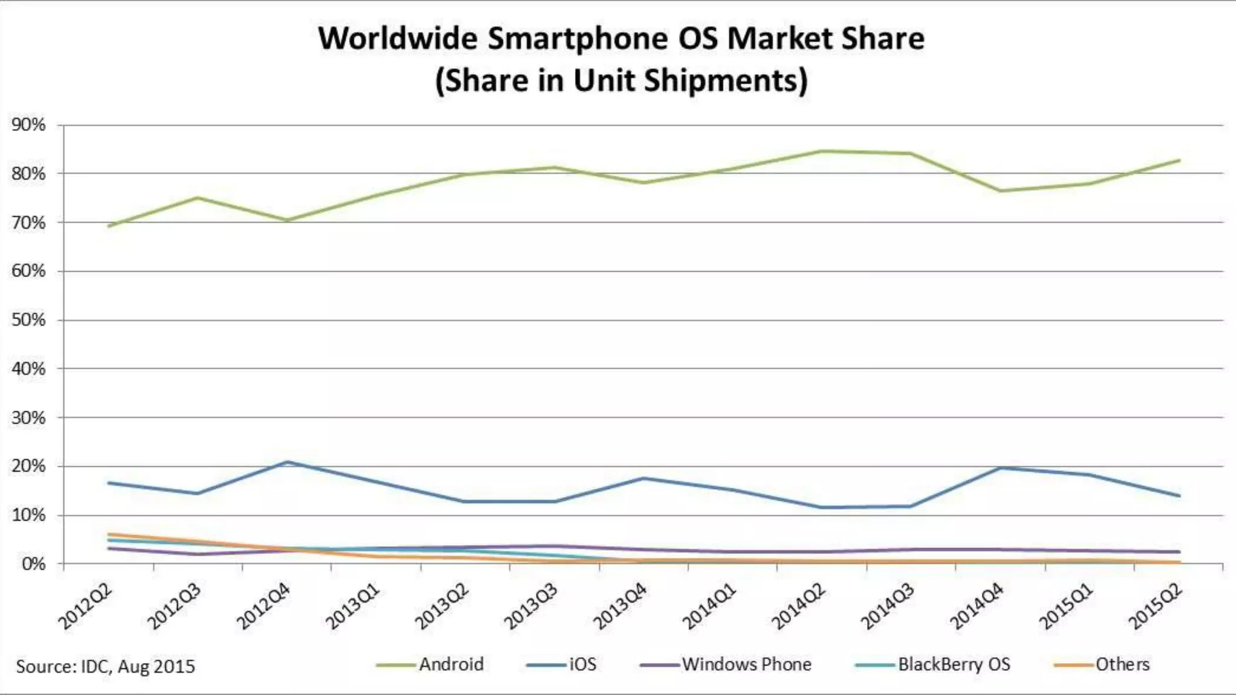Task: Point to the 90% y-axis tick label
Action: click(x=28, y=125)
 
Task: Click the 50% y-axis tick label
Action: click(x=28, y=320)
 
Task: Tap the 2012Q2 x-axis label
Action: click(x=86, y=606)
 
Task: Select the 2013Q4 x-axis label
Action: click(x=620, y=606)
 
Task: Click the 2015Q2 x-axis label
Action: click(x=1156, y=606)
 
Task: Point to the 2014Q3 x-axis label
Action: click(x=888, y=606)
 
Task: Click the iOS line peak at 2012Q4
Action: click(x=287, y=462)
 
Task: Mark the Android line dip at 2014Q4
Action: click(x=1001, y=191)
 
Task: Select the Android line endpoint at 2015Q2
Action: click(x=1179, y=160)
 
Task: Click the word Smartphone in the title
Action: click(x=578, y=39)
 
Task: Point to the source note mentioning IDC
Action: click(x=106, y=667)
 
